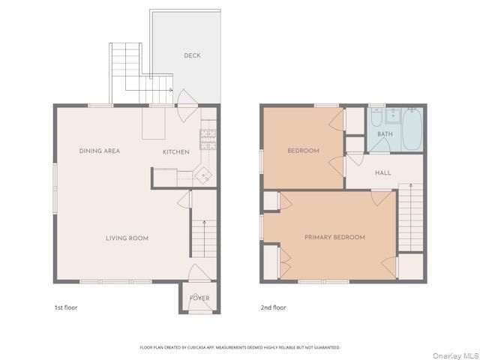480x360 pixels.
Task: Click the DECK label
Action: click(x=192, y=55)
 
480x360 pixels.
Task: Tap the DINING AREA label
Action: click(x=100, y=151)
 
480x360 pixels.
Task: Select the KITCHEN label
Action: click(x=176, y=152)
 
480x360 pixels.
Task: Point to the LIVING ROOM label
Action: click(x=127, y=238)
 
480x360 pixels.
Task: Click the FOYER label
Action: click(x=199, y=298)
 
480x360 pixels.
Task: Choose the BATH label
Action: click(x=385, y=134)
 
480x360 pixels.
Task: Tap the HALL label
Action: click(x=382, y=173)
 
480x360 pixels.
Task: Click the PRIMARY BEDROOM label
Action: click(x=334, y=238)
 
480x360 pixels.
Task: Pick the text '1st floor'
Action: click(x=65, y=307)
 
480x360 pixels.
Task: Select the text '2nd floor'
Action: click(x=273, y=307)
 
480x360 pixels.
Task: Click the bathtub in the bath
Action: click(x=412, y=130)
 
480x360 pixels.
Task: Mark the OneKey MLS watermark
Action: click(x=457, y=355)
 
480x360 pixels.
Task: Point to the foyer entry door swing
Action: click(x=197, y=272)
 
